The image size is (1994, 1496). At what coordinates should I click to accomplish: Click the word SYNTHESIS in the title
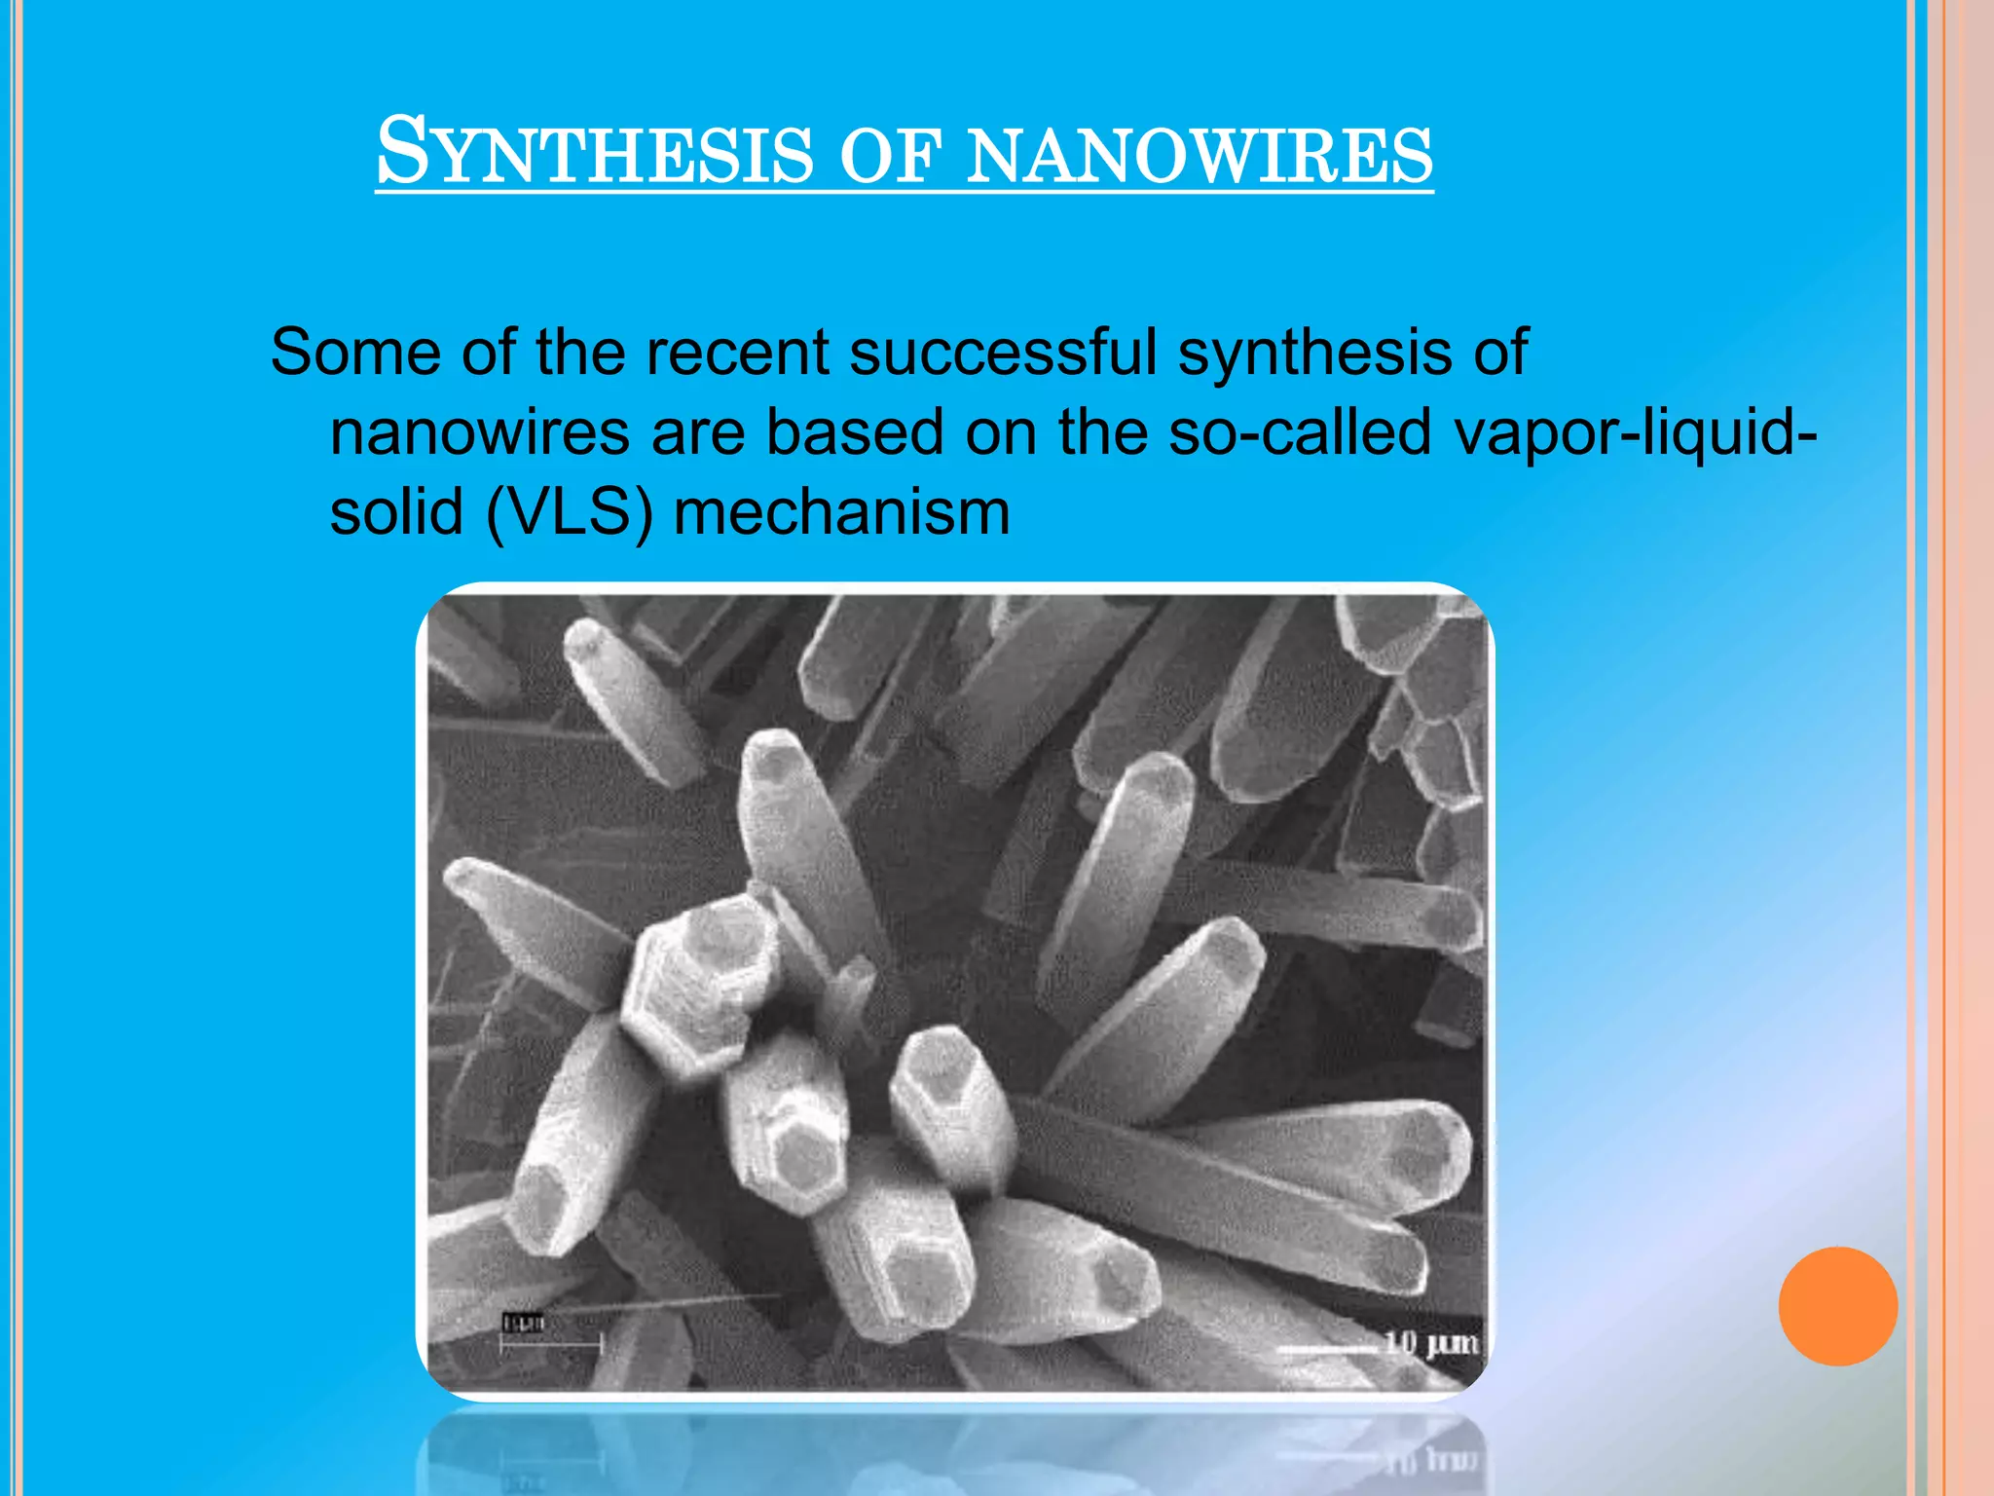pos(594,153)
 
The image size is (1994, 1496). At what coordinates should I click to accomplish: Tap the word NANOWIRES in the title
pos(1200,156)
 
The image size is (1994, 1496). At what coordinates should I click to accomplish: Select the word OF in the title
pos(890,156)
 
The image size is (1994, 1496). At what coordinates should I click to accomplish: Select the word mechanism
pos(842,512)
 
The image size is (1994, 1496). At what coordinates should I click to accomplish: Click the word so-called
pos(1300,432)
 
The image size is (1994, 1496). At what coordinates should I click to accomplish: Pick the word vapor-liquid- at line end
pos(1636,432)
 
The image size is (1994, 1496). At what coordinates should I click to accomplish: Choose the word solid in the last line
pos(396,512)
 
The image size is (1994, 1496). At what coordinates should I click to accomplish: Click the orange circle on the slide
pos(1837,1306)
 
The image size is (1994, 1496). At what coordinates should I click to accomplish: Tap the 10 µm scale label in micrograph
pos(1431,1344)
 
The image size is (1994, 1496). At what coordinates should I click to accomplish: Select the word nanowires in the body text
pos(480,432)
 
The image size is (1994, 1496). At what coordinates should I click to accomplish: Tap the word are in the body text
pos(697,432)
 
